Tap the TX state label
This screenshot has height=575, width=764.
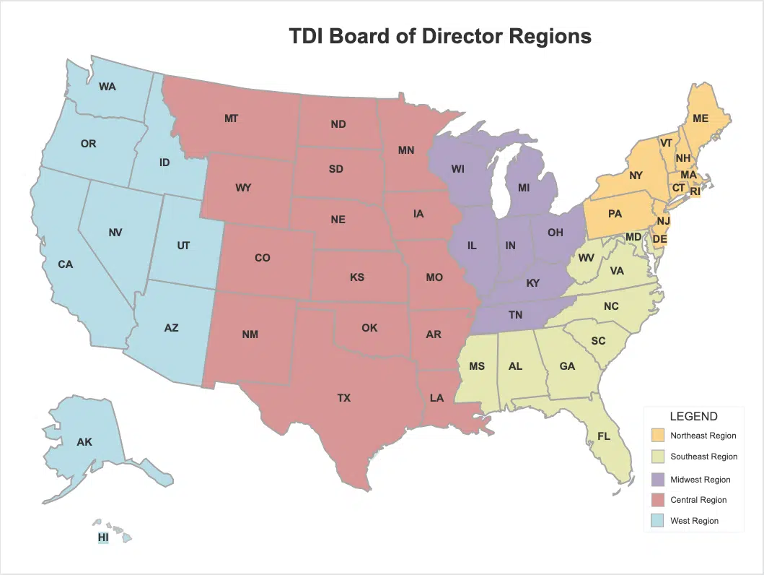click(x=344, y=398)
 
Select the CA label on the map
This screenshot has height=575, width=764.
click(x=66, y=264)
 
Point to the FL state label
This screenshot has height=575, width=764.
click(x=604, y=436)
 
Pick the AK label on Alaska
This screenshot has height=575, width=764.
click(x=84, y=441)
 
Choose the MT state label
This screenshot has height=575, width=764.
click(x=231, y=118)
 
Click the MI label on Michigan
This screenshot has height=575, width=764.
click(x=524, y=188)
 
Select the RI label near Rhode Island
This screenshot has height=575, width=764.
click(x=695, y=192)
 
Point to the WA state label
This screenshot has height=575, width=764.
click(x=107, y=87)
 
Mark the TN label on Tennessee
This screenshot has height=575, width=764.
click(x=515, y=315)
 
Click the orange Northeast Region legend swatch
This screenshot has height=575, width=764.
click(x=657, y=436)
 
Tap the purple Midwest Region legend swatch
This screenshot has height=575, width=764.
click(x=657, y=480)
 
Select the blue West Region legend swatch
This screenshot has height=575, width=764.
click(x=657, y=520)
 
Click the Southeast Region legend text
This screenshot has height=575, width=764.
click(x=703, y=457)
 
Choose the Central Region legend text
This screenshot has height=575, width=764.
click(x=698, y=500)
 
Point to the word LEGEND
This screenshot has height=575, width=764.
click(x=693, y=417)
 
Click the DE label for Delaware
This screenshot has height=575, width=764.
click(x=659, y=238)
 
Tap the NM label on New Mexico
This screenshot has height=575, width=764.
click(x=250, y=334)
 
